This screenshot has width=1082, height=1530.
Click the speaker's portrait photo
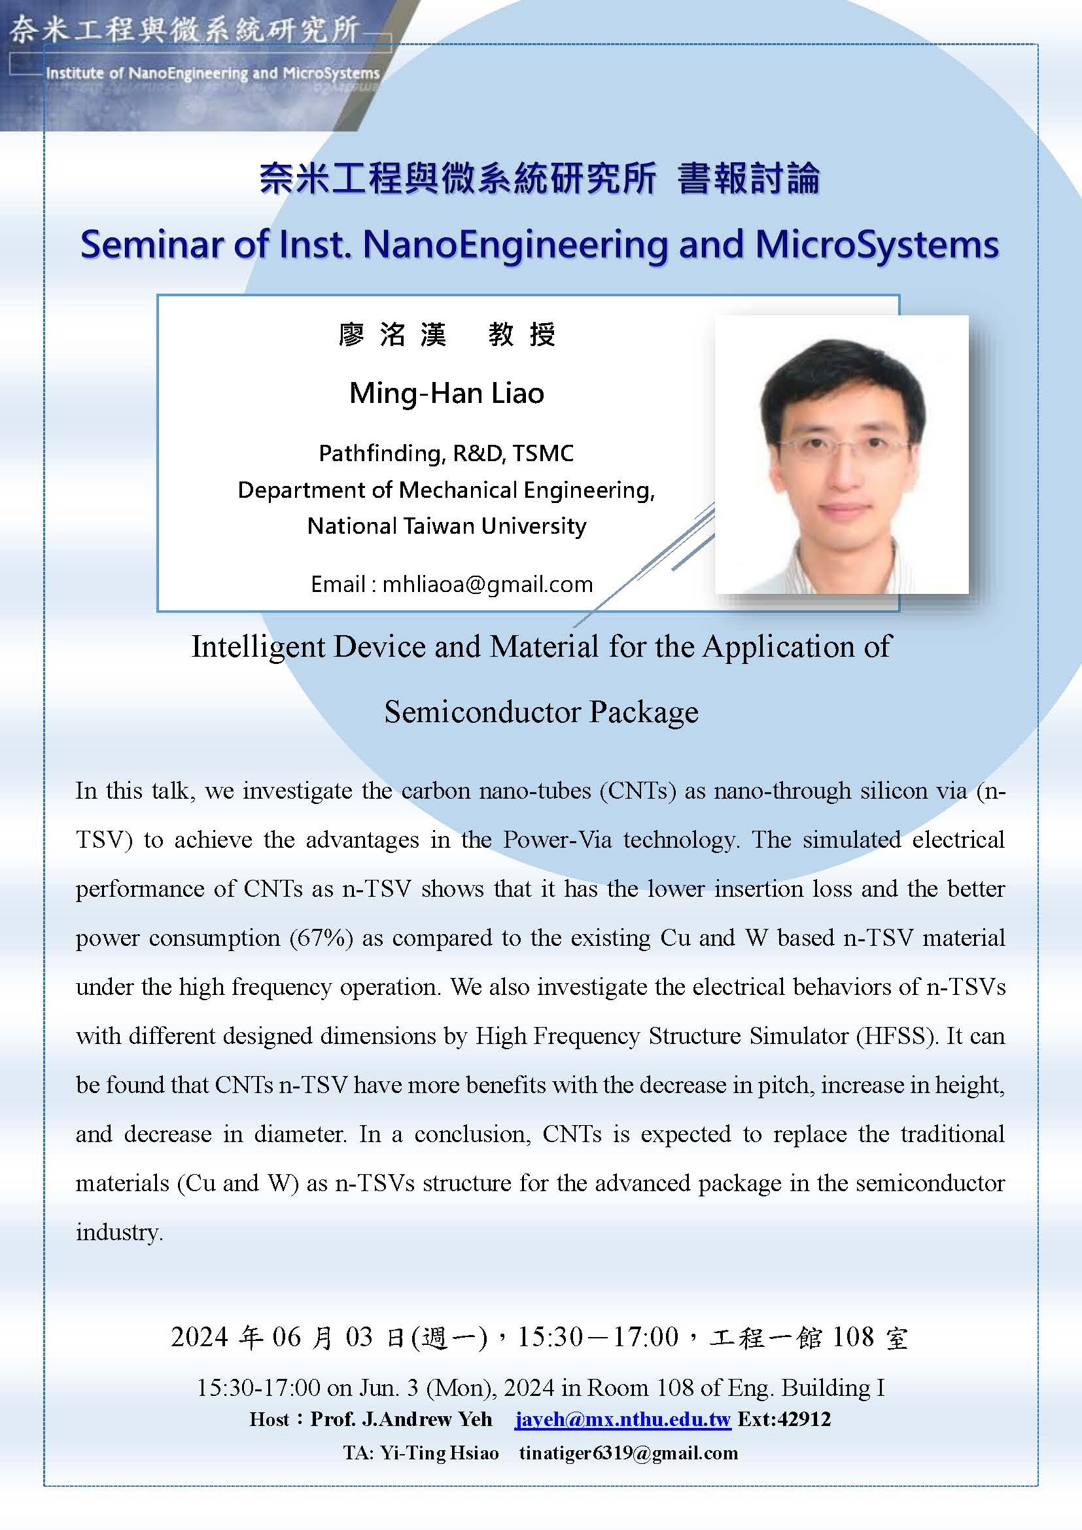(x=841, y=454)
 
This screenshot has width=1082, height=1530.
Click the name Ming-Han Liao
(x=446, y=393)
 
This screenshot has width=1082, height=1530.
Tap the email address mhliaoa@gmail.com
(x=488, y=583)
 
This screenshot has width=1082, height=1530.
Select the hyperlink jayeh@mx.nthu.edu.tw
(x=623, y=1419)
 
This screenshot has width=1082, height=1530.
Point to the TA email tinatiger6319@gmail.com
(x=628, y=1453)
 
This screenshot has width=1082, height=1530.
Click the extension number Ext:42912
(x=784, y=1418)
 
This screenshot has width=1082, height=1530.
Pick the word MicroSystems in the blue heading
(x=877, y=245)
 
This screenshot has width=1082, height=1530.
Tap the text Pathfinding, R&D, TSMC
(x=446, y=453)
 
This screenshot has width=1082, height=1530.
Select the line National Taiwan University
(x=446, y=526)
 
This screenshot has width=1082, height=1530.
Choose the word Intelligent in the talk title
(x=258, y=647)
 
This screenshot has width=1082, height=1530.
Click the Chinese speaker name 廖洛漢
(x=393, y=334)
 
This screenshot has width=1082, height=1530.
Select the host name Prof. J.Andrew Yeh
(x=401, y=1419)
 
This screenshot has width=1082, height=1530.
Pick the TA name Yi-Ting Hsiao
(x=440, y=1453)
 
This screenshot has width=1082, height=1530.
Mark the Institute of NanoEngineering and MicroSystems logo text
(x=213, y=73)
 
